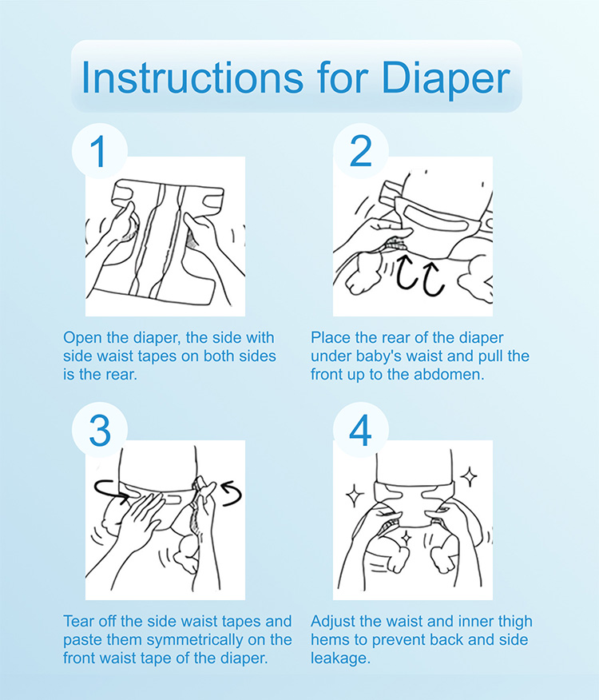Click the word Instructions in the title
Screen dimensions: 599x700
coord(192,77)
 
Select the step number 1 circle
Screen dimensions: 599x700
coord(100,151)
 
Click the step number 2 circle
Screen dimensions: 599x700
coord(361,151)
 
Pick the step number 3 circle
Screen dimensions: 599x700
coord(100,430)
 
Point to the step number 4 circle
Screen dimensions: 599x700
coord(361,430)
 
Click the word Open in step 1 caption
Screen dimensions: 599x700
coord(79,338)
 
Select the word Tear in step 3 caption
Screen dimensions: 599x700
coord(78,621)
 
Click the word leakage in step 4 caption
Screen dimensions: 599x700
coord(340,658)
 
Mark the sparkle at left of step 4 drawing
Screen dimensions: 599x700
coord(355,495)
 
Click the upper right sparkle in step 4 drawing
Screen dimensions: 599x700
coord(469,477)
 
